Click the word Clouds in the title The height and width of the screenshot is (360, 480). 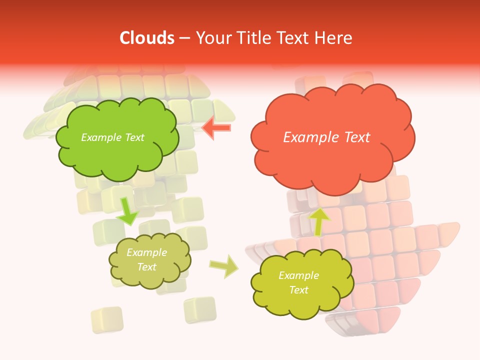[x=147, y=38]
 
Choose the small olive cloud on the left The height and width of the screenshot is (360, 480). [x=149, y=260]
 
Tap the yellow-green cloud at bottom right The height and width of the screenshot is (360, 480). [x=301, y=283]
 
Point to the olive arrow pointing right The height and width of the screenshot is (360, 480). [x=223, y=266]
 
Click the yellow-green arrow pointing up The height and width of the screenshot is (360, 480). [x=318, y=221]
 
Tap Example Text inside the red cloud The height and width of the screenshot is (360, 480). [x=326, y=137]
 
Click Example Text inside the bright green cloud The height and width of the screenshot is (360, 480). [x=112, y=137]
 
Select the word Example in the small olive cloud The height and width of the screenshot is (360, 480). [x=146, y=252]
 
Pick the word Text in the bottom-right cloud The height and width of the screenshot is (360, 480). [x=298, y=290]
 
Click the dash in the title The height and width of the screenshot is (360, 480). [x=184, y=38]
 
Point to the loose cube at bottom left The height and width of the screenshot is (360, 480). [x=107, y=319]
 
